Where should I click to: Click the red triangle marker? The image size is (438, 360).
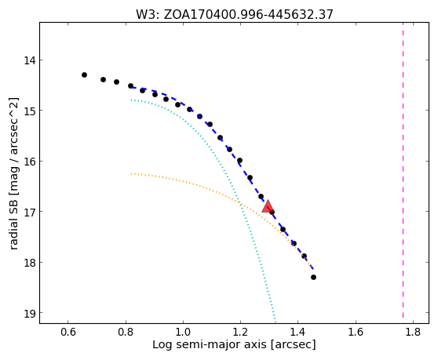click(268, 206)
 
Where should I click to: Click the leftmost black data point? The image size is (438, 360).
click(84, 75)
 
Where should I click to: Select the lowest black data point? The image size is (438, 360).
click(313, 277)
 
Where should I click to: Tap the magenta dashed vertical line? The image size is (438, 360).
click(403, 170)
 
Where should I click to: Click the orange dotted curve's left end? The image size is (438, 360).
click(131, 173)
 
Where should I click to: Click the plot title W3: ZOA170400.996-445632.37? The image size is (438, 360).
click(235, 14)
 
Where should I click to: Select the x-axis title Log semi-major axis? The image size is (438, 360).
click(210, 344)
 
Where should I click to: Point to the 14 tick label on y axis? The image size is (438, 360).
click(29, 60)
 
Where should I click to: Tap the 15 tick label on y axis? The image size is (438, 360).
click(29, 111)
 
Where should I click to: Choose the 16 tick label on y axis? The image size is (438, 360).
click(29, 162)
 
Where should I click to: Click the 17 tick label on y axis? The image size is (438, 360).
click(29, 212)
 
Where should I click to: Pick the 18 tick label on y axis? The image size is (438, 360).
click(29, 263)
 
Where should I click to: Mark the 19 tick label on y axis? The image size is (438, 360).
click(29, 313)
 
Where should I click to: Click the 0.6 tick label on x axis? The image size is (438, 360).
click(68, 332)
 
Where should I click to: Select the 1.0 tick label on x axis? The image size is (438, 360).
click(183, 332)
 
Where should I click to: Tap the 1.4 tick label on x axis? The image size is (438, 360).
click(297, 332)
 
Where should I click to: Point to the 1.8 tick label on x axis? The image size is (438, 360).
click(413, 332)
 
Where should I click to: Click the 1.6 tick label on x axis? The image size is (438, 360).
click(356, 332)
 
